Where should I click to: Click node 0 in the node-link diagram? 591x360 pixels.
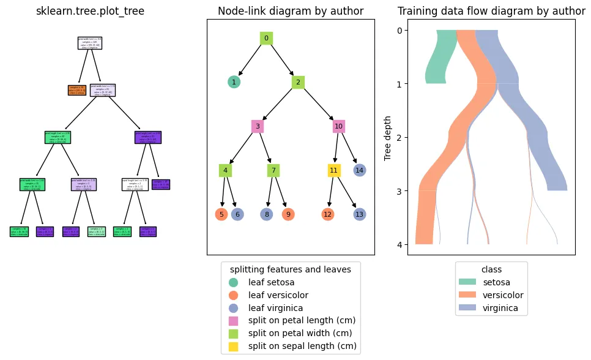(266, 38)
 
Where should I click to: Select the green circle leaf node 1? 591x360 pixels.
(234, 82)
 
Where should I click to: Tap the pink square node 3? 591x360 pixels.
(258, 126)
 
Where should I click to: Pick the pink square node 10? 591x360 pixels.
(338, 126)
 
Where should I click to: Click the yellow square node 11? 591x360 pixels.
(333, 170)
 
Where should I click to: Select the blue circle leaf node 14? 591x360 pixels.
(360, 170)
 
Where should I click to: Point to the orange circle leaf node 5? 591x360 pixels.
(221, 214)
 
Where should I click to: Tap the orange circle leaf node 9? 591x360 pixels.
(288, 214)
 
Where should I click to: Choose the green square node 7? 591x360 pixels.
(273, 170)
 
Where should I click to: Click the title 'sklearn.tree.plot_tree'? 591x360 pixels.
(90, 11)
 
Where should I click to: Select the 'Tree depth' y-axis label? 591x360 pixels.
(388, 137)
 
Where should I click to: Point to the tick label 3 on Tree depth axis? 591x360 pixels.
(399, 192)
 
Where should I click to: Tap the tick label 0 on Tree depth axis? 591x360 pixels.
(399, 31)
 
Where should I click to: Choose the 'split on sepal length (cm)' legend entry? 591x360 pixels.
(302, 347)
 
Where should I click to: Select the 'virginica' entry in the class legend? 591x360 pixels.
(500, 308)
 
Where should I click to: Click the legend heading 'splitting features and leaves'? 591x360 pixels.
(290, 269)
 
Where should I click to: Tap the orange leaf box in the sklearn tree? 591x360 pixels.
(76, 90)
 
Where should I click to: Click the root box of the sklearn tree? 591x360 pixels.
(90, 43)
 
